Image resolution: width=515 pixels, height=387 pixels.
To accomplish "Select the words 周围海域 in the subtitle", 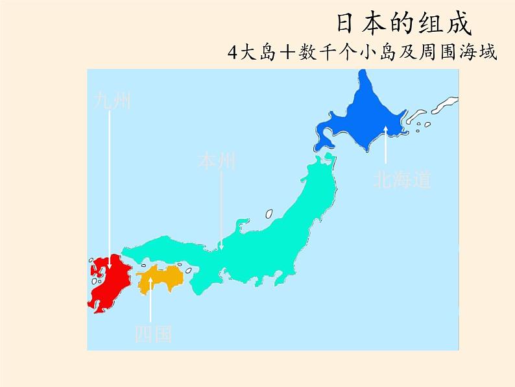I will pos(462,53).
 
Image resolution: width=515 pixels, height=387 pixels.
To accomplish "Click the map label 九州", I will pos(112,101).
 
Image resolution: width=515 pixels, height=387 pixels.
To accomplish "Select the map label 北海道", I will pos(401,179).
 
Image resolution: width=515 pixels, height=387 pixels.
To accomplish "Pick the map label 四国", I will pos(153,334).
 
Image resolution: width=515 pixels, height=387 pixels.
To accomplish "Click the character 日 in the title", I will pos(347,24).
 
